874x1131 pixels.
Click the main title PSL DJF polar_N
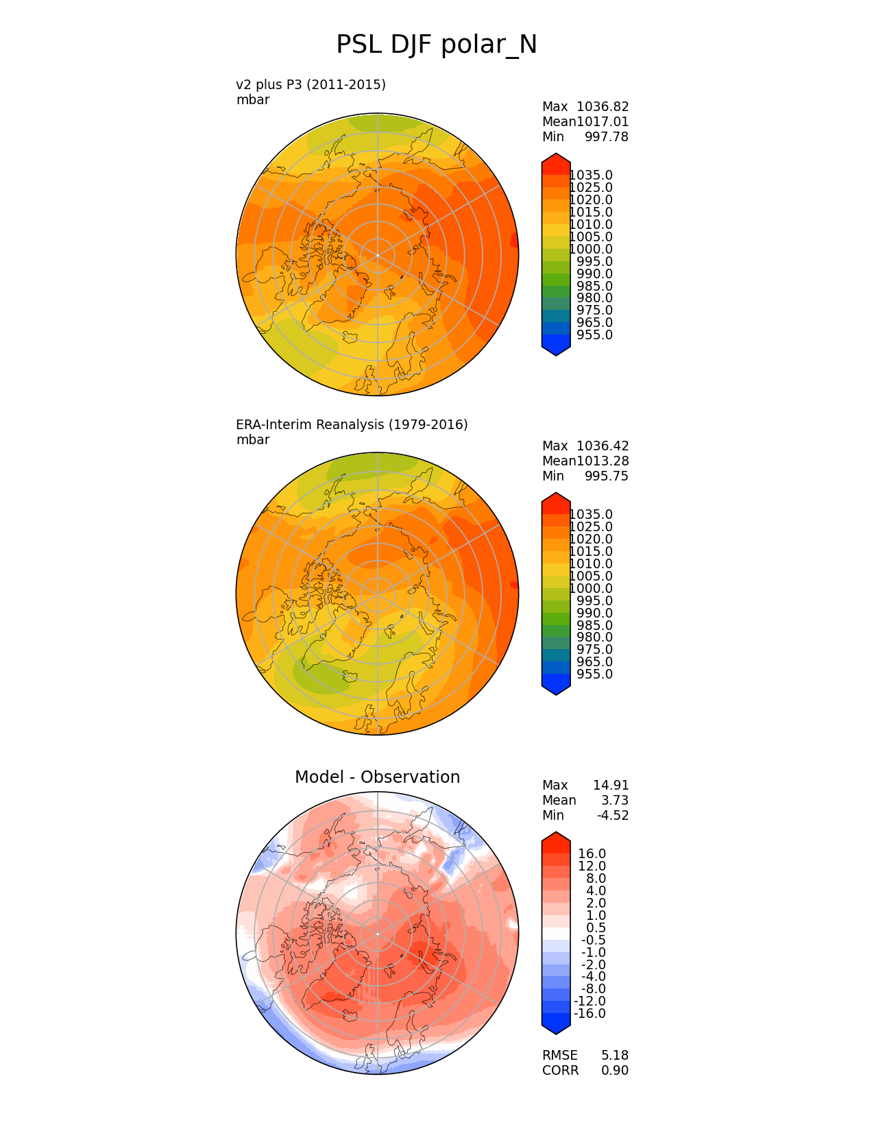point(437,45)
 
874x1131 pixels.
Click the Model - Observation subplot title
point(377,777)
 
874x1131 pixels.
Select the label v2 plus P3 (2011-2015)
point(311,84)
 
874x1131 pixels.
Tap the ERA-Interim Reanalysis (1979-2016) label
point(352,424)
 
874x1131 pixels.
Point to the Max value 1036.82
point(603,107)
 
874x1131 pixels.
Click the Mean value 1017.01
point(603,122)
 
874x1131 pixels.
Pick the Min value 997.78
point(606,137)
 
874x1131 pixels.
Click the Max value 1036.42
point(603,446)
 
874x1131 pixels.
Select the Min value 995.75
point(606,476)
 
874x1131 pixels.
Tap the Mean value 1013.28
point(603,461)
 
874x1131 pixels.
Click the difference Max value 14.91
point(611,786)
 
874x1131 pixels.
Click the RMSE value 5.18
point(615,1056)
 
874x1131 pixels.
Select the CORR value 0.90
point(615,1071)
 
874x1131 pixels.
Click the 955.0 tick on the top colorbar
point(595,335)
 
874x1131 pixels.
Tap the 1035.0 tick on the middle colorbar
point(591,515)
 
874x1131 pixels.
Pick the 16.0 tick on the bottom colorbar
point(592,854)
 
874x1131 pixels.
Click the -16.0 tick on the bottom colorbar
point(590,1014)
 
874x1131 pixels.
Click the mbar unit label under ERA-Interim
point(253,440)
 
